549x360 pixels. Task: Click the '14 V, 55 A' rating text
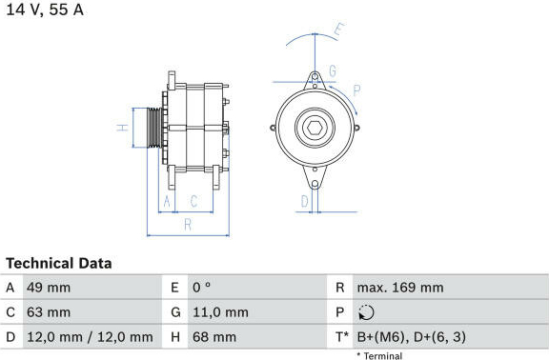(45, 10)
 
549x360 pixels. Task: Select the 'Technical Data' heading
(59, 264)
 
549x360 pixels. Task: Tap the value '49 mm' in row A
(49, 288)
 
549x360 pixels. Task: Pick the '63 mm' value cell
(49, 312)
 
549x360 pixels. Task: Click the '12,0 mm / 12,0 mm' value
(90, 337)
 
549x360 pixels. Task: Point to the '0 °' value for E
(202, 288)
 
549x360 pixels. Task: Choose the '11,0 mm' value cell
(220, 312)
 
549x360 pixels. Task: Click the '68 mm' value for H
(214, 337)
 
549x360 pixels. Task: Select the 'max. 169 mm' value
(400, 288)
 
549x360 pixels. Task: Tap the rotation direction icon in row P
(366, 312)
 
